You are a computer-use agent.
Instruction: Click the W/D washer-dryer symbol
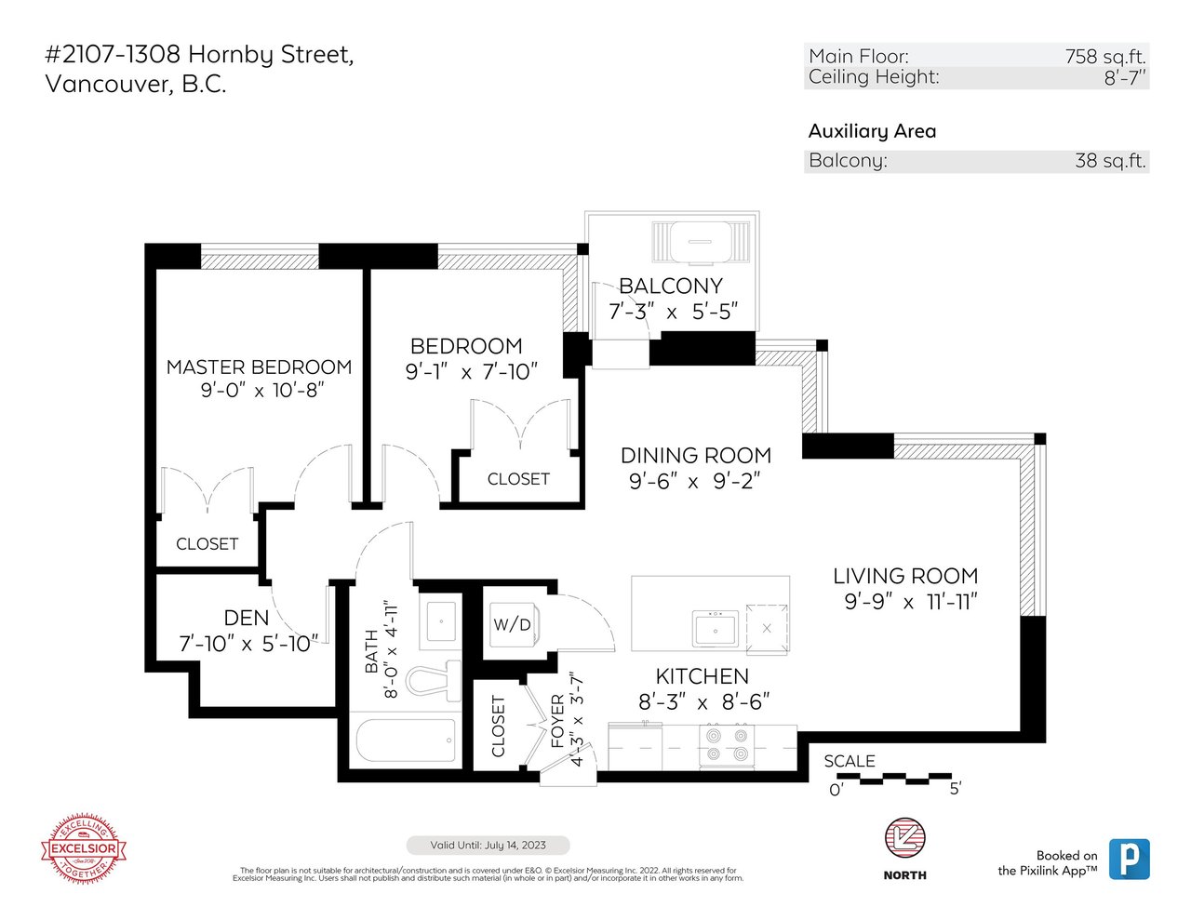[x=514, y=624]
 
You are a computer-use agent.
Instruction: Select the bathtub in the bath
[x=406, y=740]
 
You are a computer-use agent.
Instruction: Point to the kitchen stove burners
[x=727, y=743]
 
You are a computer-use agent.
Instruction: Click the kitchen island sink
[x=715, y=629]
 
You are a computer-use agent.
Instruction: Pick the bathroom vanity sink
[x=441, y=621]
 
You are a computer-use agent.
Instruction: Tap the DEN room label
[x=246, y=618]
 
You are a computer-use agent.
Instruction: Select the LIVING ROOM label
[x=905, y=576]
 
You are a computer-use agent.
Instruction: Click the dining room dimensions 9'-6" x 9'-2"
[x=694, y=481]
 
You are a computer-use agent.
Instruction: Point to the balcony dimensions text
[x=673, y=312]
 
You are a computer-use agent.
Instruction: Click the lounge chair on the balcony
[x=701, y=242]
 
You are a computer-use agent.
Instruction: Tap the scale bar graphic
[x=893, y=778]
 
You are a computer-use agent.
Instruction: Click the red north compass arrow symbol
[x=905, y=838]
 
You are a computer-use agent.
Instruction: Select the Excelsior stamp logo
[x=84, y=848]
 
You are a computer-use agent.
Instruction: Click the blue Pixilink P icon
[x=1130, y=860]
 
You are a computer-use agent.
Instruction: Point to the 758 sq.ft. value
[x=1105, y=57]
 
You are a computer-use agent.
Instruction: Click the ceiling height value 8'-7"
[x=1125, y=78]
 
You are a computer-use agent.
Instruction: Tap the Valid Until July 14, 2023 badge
[x=488, y=845]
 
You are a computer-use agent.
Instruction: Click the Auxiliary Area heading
[x=872, y=131]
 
